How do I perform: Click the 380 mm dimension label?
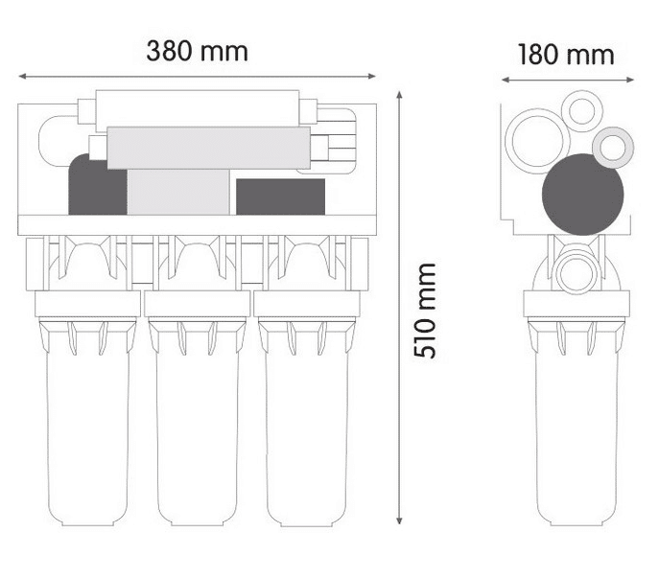[x=197, y=51]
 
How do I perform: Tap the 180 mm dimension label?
[x=566, y=55]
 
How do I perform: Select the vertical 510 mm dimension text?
[x=425, y=311]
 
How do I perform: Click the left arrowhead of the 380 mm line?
[x=22, y=76]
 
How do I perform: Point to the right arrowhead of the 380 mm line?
[x=371, y=76]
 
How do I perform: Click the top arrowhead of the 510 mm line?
[x=399, y=94]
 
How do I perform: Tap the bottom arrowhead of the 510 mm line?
[x=399, y=520]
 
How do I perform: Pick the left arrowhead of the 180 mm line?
[x=506, y=80]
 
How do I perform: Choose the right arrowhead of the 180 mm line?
[x=629, y=80]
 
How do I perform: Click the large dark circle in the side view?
[x=583, y=195]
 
